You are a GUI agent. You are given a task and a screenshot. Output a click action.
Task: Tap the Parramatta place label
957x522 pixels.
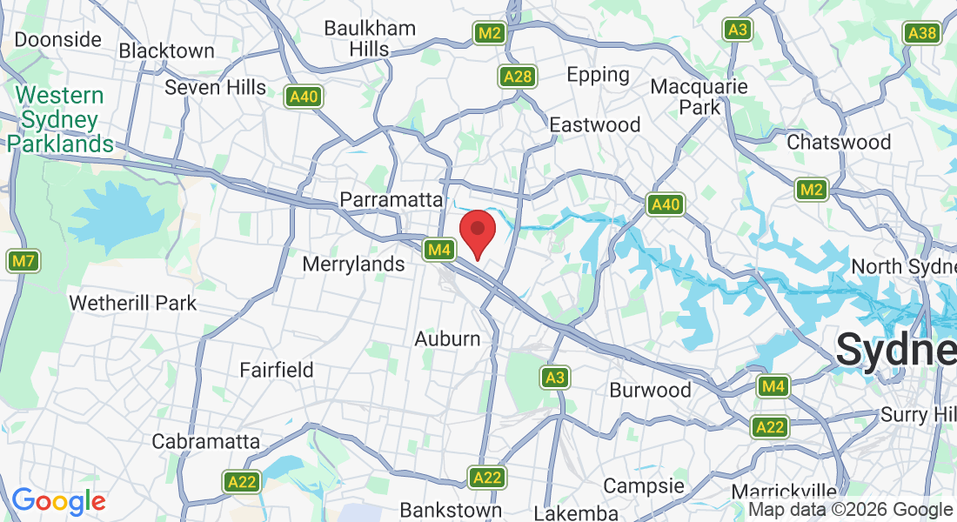[391, 199]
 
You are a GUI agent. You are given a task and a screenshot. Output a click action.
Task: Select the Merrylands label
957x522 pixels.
[354, 264]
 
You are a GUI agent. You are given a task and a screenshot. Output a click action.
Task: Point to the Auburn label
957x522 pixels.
[447, 338]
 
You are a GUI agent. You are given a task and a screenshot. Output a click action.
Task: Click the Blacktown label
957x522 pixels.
[166, 50]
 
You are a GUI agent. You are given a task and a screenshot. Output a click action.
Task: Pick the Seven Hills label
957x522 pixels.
[215, 87]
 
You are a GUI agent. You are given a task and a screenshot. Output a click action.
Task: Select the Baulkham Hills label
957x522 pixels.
[370, 38]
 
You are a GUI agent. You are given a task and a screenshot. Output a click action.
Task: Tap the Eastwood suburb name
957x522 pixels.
[595, 124]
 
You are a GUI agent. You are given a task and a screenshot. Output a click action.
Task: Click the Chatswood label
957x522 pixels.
[839, 142]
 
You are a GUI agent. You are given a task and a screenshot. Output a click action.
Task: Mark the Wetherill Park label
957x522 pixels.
[132, 304]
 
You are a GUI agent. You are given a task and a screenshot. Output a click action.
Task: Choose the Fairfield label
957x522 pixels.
[277, 370]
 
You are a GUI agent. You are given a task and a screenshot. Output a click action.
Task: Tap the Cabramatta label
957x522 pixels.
[205, 441]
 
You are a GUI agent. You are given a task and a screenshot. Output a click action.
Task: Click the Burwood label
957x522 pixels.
[650, 390]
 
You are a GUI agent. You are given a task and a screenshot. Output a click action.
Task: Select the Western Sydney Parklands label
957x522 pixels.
[59, 119]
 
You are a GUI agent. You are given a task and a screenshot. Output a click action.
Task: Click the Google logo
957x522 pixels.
[58, 501]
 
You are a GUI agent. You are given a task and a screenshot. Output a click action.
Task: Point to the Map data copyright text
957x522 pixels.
[850, 510]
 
